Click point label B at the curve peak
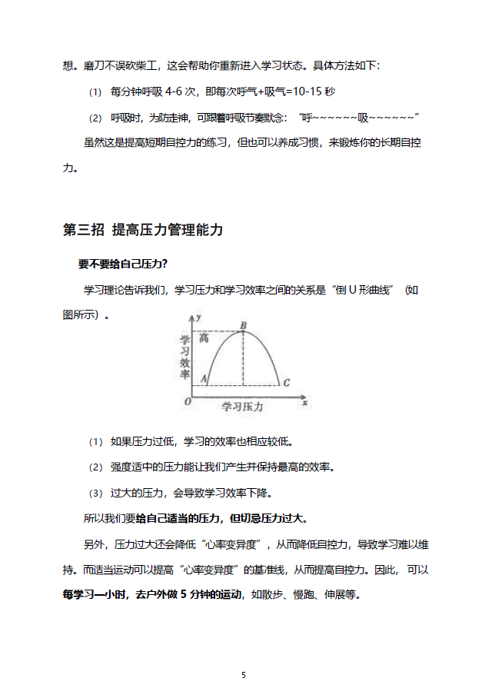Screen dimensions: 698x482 [243, 327]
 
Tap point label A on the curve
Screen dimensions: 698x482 [204, 379]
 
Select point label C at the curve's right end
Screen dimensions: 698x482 [286, 383]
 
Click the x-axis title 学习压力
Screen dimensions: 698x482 [242, 405]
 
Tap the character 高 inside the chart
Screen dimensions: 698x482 [204, 337]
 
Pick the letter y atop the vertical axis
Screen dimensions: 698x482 [198, 317]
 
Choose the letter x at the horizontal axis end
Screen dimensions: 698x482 [305, 401]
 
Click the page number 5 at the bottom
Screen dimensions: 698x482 [244, 675]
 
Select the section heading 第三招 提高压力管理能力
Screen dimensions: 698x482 [143, 230]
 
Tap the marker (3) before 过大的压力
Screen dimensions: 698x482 [95, 493]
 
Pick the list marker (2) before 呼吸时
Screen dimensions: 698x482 [95, 118]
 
